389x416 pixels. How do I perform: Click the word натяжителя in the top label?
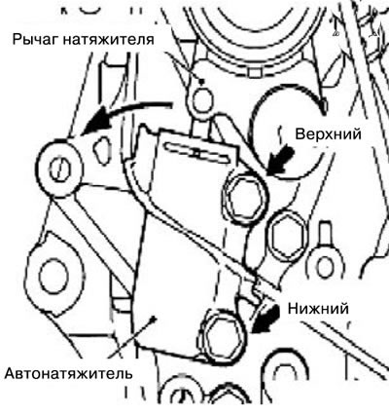click(108, 40)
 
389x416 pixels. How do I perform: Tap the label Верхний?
click(328, 133)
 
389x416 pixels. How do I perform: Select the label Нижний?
click(318, 308)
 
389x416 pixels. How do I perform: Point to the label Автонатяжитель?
click(69, 373)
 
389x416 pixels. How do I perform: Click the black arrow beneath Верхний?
click(281, 160)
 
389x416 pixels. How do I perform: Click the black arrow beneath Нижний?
click(265, 319)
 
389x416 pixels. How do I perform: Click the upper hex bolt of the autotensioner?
click(245, 195)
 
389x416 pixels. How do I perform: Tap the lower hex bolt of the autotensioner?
click(224, 338)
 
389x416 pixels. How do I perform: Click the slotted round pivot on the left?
click(59, 168)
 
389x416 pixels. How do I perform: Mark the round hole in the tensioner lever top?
click(202, 99)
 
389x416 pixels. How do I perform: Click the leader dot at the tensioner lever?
click(202, 81)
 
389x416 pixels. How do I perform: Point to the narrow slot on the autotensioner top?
click(198, 152)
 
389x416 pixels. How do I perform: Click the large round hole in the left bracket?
click(53, 277)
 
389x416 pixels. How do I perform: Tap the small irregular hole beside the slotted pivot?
click(102, 147)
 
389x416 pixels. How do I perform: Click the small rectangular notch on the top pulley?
click(255, 73)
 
